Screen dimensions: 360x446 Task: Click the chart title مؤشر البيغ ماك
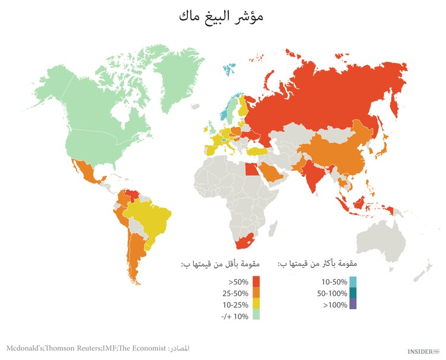(x=221, y=17)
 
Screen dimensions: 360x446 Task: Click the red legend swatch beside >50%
(x=256, y=281)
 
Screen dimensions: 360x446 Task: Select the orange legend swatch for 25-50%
(x=256, y=292)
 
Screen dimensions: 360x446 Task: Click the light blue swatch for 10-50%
(x=353, y=281)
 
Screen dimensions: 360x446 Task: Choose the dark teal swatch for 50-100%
(x=353, y=292)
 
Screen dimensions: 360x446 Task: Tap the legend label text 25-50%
(x=235, y=292)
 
